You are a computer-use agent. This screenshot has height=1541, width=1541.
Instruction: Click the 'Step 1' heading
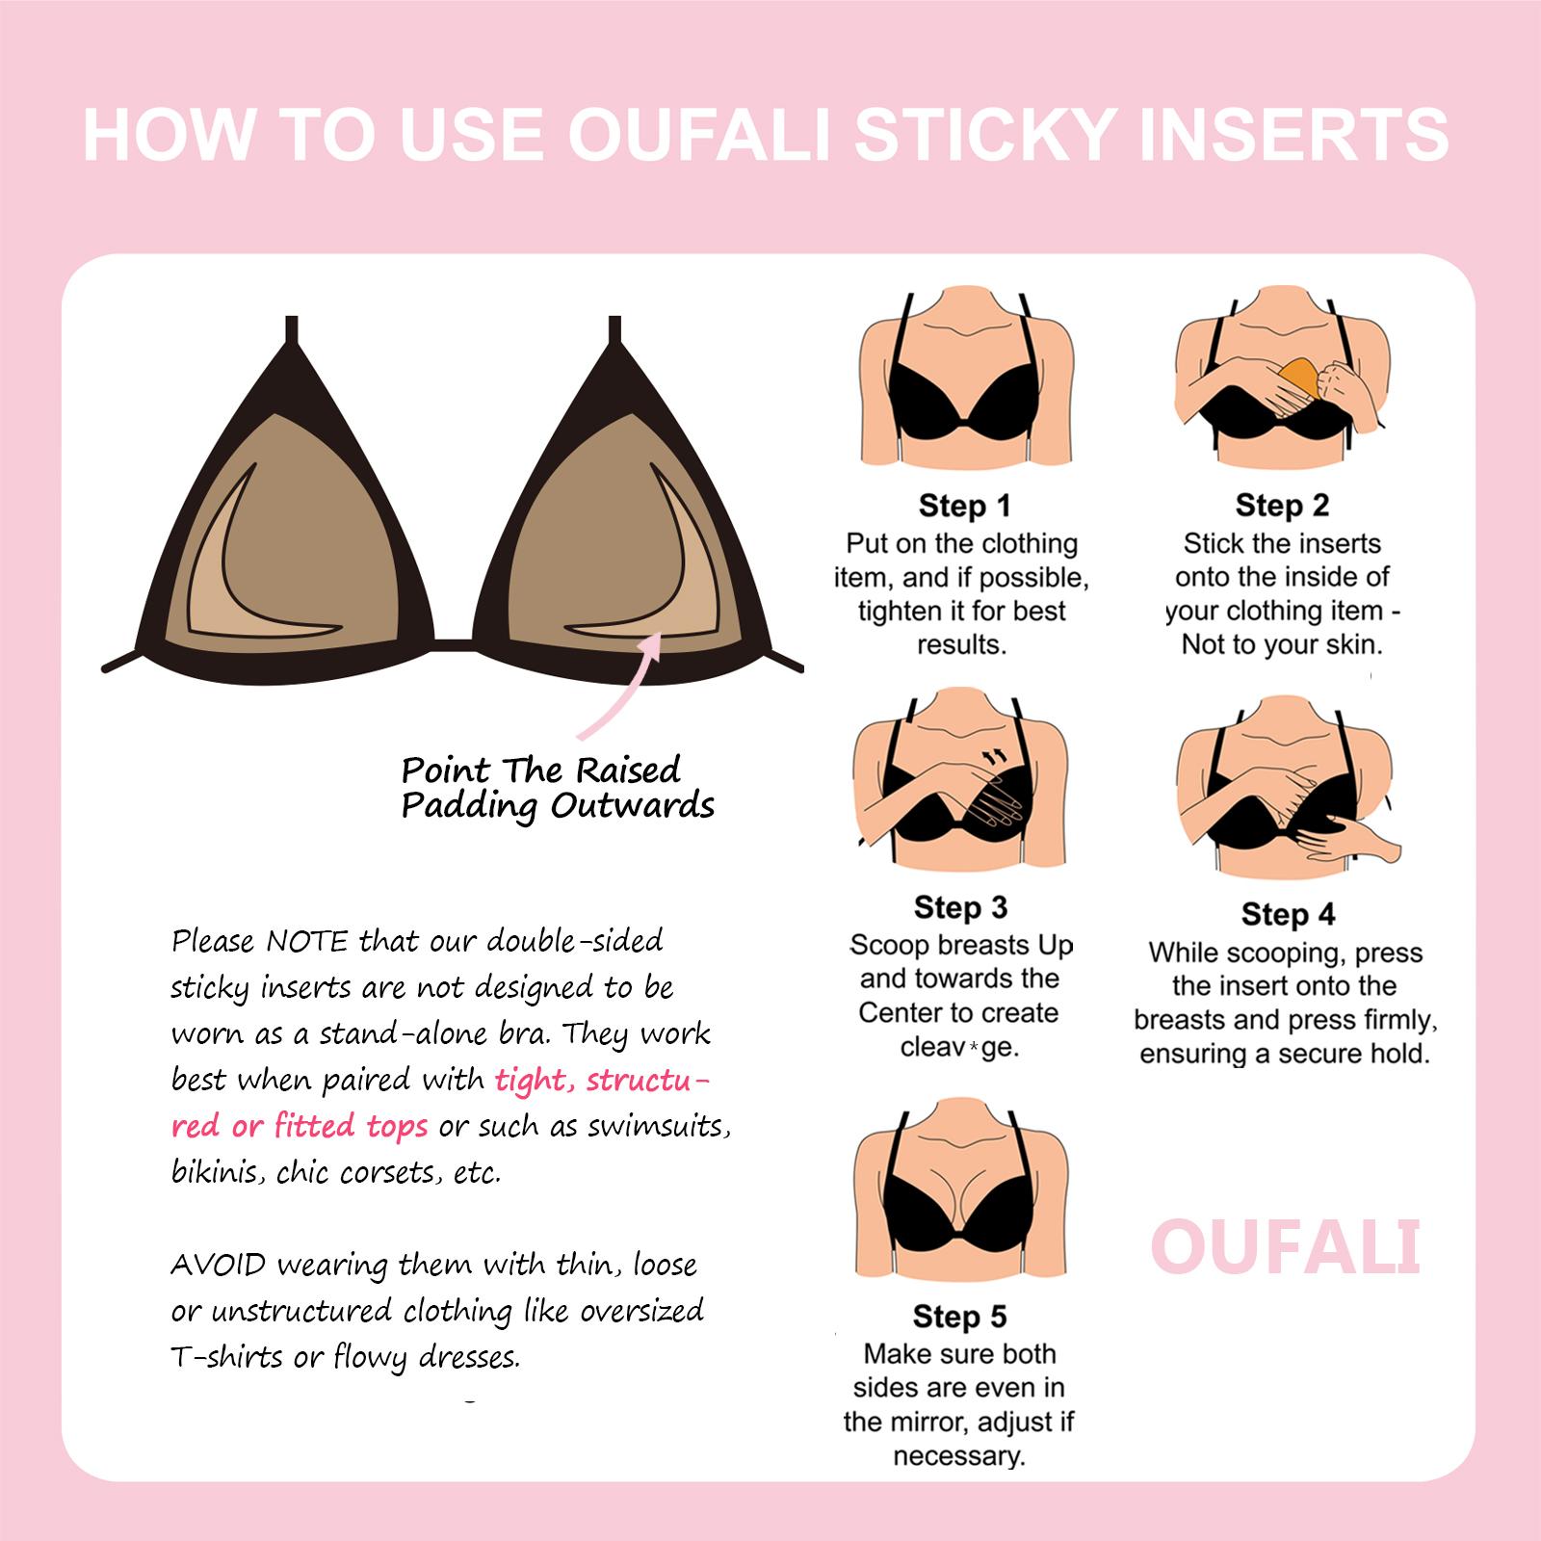(964, 506)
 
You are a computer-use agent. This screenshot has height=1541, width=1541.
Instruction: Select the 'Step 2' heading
(1282, 506)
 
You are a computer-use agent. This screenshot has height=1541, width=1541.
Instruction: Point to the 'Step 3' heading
(960, 907)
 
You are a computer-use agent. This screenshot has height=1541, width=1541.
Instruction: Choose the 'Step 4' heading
(1288, 914)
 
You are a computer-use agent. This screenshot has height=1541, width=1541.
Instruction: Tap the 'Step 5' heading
(959, 1317)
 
